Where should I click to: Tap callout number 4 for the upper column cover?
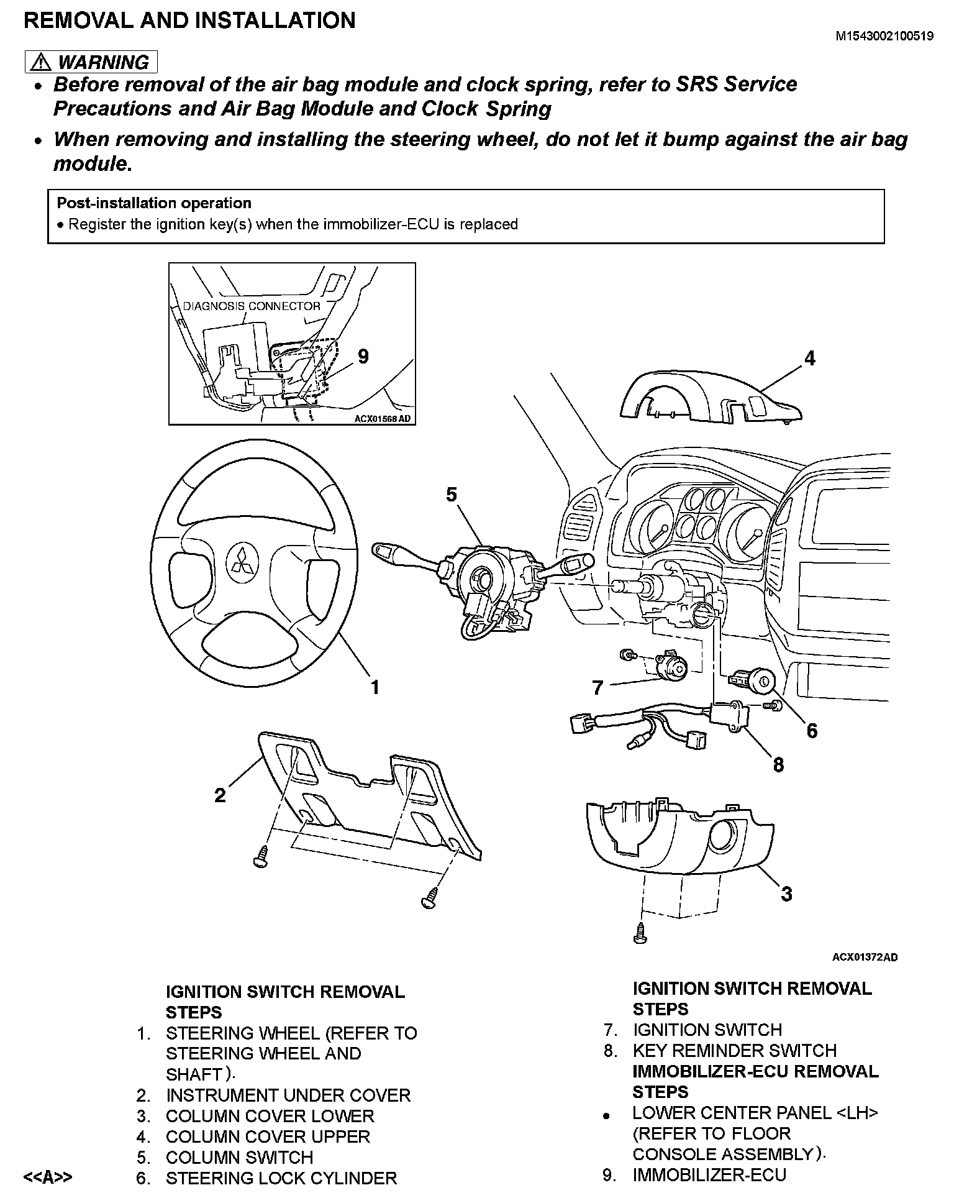coord(809,359)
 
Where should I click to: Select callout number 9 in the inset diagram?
coord(363,357)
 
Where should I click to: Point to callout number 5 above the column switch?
coord(452,495)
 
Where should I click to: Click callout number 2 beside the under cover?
coord(220,795)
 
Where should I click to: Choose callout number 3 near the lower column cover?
coord(787,894)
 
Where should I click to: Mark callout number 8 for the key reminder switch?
coord(779,765)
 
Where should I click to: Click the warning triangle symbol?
coord(42,62)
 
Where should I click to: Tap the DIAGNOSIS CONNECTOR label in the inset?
coord(252,306)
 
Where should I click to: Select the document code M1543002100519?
coord(884,36)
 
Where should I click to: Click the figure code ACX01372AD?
coord(865,957)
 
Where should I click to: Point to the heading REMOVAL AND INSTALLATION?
coord(189,21)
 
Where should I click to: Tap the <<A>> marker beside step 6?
coord(47,1177)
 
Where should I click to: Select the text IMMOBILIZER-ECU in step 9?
coord(709,1175)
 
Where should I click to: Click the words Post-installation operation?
coord(154,203)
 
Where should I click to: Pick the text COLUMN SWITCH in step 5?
coord(239,1157)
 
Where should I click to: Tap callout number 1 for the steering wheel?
coord(375,687)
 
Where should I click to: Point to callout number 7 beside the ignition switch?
coord(597,688)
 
